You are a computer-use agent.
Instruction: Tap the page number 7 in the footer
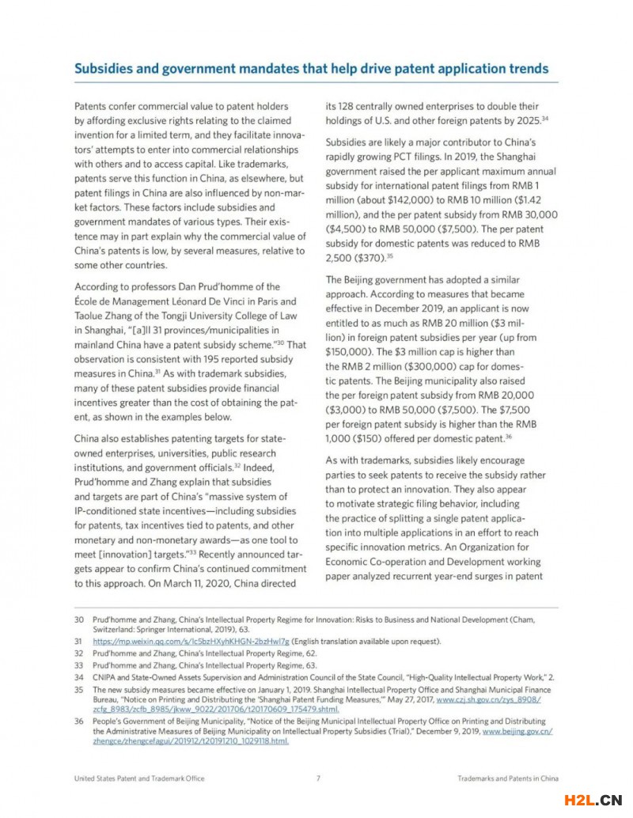pos(318,778)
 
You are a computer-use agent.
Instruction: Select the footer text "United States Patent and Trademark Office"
pos(138,778)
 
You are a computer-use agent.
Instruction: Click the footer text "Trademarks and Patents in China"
pos(508,778)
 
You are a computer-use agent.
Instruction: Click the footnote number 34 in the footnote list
pos(78,677)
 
